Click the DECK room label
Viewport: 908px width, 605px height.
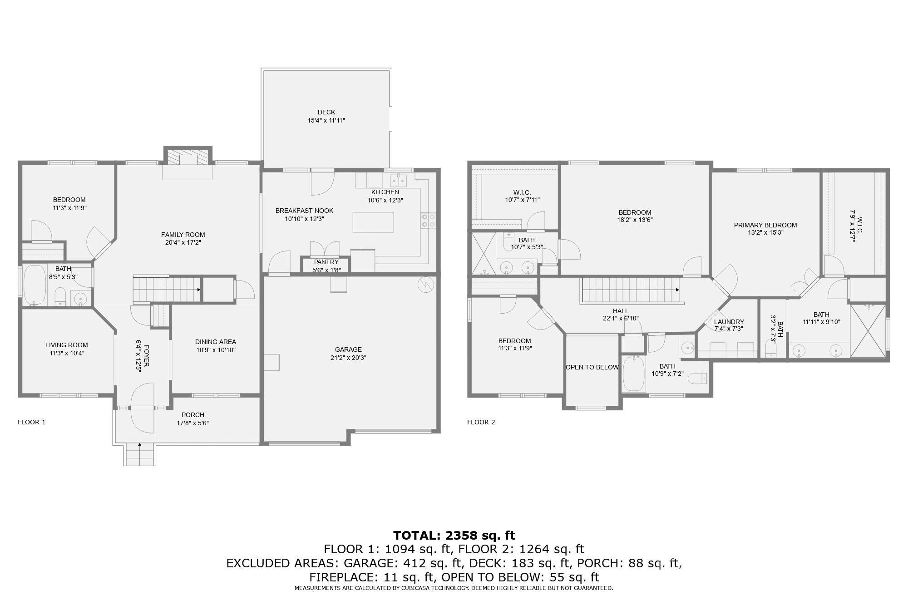326,112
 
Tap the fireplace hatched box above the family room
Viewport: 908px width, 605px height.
188,157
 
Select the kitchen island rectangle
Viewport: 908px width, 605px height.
373,222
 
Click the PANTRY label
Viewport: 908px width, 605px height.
326,262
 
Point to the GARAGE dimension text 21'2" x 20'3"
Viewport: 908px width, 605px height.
348,358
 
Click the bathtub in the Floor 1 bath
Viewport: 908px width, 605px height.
35,285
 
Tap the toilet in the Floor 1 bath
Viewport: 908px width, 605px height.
60,297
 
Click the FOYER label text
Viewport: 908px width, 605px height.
146,356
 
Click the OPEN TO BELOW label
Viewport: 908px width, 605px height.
592,367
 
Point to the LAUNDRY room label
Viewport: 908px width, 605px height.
729,322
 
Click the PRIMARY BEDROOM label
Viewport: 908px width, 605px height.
765,225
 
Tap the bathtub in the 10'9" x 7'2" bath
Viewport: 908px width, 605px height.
634,374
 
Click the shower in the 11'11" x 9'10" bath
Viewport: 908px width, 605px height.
868,331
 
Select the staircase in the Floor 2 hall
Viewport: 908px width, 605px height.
631,290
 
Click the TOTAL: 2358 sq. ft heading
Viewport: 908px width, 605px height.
454,536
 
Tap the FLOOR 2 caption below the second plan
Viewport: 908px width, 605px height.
481,422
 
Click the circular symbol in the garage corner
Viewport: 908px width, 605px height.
426,285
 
